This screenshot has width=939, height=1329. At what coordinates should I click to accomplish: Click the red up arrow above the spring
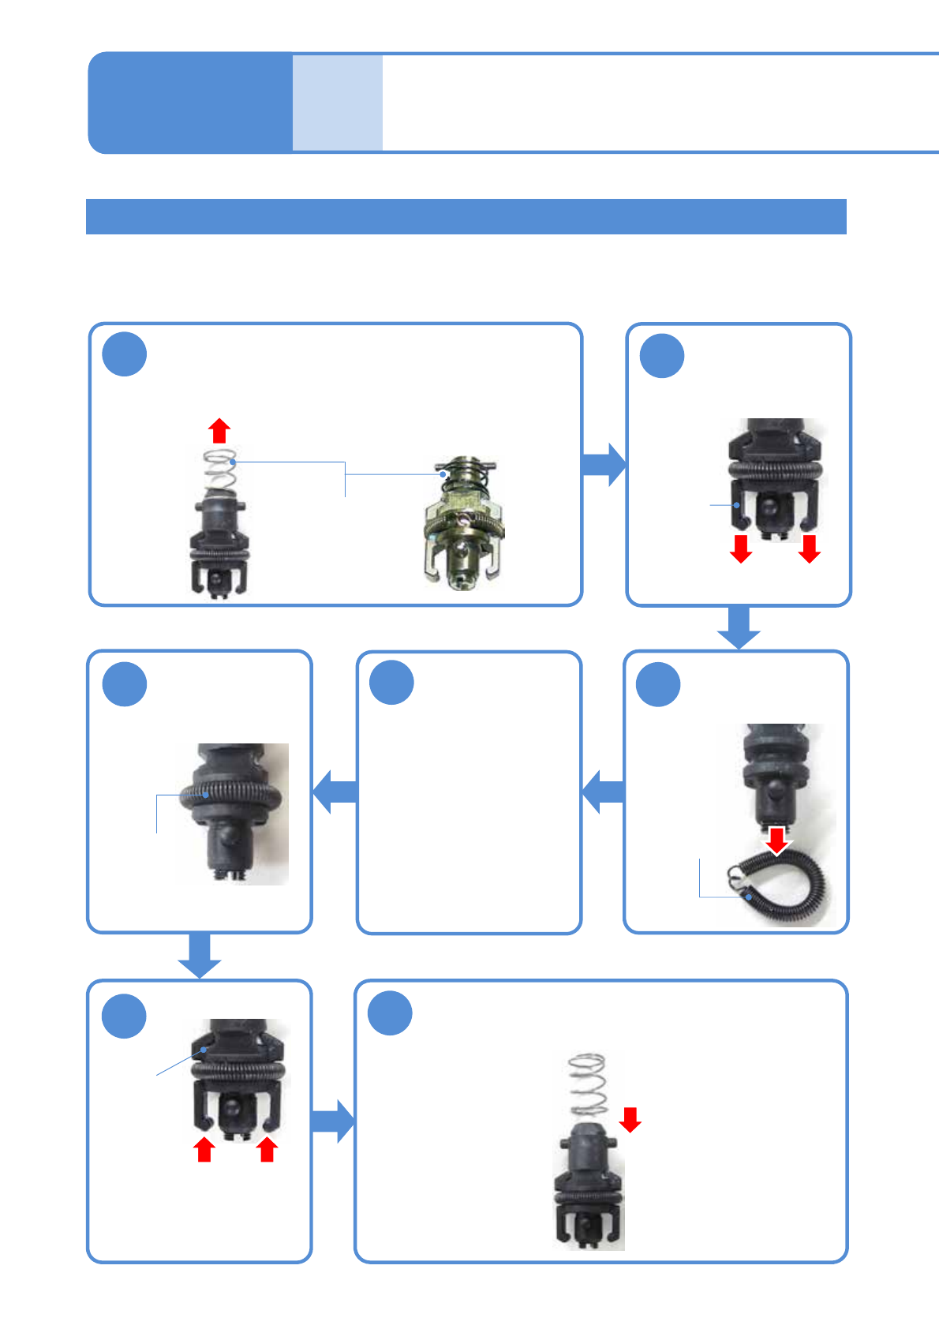click(219, 431)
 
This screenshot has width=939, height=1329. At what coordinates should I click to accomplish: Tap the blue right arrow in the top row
click(604, 464)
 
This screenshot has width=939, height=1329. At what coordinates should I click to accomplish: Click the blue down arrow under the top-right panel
click(739, 628)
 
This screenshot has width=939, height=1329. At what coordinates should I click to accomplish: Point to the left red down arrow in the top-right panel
click(741, 548)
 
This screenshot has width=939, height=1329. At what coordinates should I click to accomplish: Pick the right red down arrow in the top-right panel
click(809, 548)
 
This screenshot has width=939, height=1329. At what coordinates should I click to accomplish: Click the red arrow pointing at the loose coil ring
click(777, 840)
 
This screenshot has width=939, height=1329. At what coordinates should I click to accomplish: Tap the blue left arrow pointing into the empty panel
click(603, 792)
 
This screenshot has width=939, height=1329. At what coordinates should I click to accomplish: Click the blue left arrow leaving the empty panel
click(335, 792)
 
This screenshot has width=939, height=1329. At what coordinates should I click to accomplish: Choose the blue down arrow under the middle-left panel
click(199, 956)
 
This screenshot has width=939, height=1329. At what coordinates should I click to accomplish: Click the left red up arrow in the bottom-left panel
click(204, 1149)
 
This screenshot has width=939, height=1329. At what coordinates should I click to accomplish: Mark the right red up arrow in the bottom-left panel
click(267, 1149)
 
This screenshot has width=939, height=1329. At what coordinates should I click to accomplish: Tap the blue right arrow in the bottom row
click(333, 1121)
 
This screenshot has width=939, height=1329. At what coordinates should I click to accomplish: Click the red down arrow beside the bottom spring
click(630, 1119)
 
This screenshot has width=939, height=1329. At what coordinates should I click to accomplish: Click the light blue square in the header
click(338, 103)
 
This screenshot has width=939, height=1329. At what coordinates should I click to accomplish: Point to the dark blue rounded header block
click(189, 103)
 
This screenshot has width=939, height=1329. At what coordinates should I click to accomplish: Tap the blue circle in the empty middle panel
click(392, 683)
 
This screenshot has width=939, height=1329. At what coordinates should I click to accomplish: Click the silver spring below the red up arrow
click(220, 470)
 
